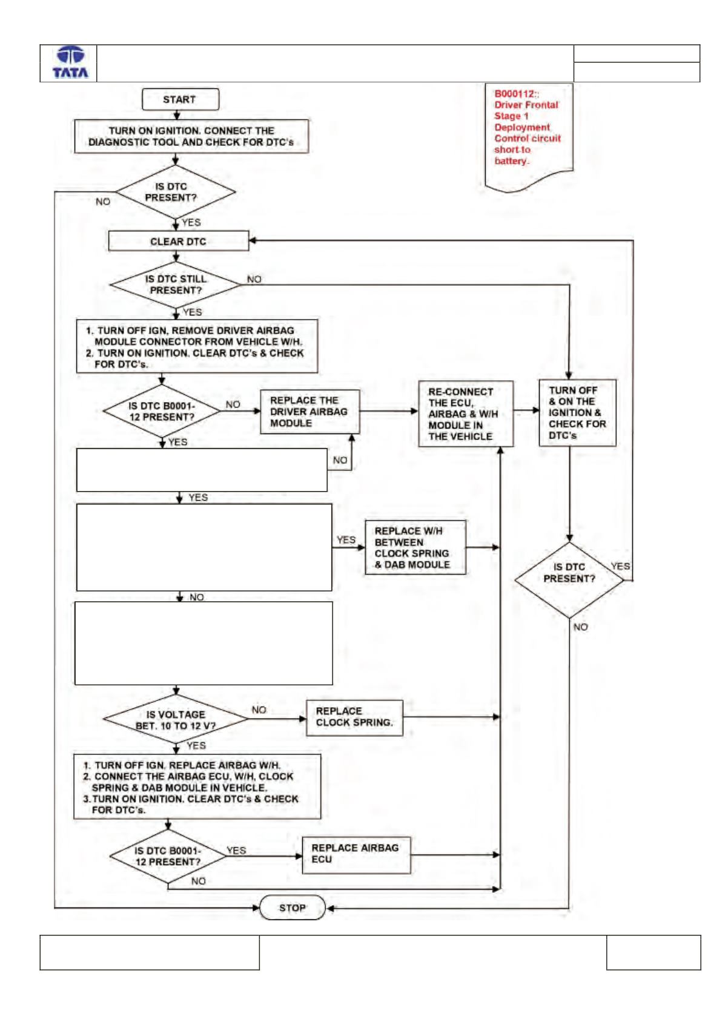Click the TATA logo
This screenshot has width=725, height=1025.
click(70, 62)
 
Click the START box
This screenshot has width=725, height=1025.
click(180, 99)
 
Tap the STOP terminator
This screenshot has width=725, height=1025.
click(293, 908)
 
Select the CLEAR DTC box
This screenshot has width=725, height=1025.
click(179, 241)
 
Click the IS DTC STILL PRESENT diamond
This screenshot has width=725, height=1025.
click(175, 284)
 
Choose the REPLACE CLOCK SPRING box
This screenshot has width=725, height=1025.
click(354, 717)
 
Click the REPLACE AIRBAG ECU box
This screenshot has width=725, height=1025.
click(356, 855)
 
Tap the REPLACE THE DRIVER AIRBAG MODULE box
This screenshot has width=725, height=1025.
click(310, 411)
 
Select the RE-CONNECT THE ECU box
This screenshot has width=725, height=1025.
click(466, 414)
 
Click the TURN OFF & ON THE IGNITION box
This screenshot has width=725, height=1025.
click(577, 412)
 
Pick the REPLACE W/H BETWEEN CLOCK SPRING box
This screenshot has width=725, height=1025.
click(415, 547)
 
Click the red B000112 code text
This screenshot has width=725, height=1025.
click(516, 94)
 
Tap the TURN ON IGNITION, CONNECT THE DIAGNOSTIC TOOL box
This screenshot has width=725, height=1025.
click(191, 136)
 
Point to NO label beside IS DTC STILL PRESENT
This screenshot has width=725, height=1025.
click(254, 279)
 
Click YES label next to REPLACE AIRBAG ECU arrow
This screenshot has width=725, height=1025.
click(236, 850)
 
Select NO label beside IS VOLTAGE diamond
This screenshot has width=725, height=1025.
click(259, 710)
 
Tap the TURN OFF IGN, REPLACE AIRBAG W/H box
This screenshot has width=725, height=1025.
click(197, 786)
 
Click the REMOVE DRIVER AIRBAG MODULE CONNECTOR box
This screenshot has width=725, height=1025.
click(197, 346)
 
